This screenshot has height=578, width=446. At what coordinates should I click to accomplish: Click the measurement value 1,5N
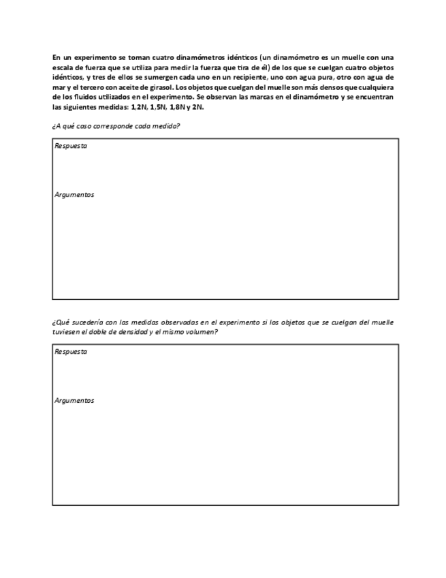click(x=158, y=107)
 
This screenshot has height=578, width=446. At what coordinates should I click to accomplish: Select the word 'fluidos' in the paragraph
click(x=85, y=97)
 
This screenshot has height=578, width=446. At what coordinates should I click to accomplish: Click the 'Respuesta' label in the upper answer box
click(x=71, y=146)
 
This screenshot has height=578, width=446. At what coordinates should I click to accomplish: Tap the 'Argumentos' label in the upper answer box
click(x=74, y=195)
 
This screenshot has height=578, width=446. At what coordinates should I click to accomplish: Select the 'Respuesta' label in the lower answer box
click(x=71, y=352)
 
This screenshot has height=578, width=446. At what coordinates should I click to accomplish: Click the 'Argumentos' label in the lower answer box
click(x=74, y=401)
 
